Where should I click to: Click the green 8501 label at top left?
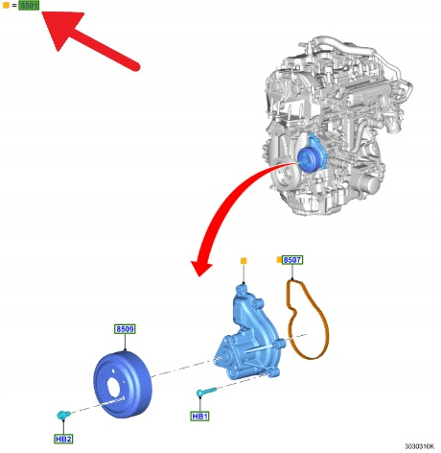tap(29, 6)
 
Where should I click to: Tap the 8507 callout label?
tap(292, 260)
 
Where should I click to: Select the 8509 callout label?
tap(125, 329)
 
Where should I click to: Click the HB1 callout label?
tap(199, 417)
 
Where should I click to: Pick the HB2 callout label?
tap(63, 439)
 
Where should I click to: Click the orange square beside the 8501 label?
tap(6, 6)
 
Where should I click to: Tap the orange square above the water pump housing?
tap(244, 261)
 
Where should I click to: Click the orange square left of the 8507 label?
tap(279, 260)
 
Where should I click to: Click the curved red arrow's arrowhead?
tap(200, 267)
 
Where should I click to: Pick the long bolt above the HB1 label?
tap(206, 392)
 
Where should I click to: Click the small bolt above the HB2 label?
tap(63, 415)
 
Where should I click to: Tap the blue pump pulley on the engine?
tap(307, 160)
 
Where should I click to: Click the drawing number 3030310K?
tap(420, 446)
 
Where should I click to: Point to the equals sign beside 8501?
tap(14, 6)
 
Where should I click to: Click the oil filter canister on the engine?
tap(368, 184)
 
